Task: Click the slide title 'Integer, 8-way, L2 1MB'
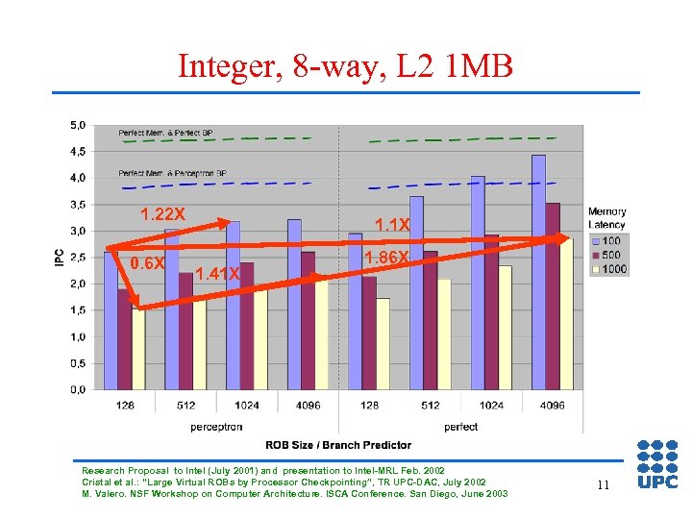click(x=346, y=66)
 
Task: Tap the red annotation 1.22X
click(x=162, y=213)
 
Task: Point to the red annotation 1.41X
click(x=217, y=274)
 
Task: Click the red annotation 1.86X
click(x=388, y=258)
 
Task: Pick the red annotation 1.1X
click(x=392, y=225)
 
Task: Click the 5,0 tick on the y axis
click(x=77, y=125)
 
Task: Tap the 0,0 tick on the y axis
click(x=77, y=389)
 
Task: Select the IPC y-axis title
click(x=60, y=258)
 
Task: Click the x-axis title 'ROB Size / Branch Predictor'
click(x=338, y=445)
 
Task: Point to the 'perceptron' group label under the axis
click(x=216, y=426)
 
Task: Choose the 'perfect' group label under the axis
click(x=461, y=426)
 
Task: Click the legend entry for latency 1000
click(x=608, y=269)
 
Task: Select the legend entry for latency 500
click(x=608, y=255)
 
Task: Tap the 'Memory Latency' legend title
click(x=606, y=218)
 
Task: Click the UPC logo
click(x=657, y=464)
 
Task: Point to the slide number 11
click(x=603, y=485)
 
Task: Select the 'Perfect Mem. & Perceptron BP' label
click(x=173, y=173)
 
